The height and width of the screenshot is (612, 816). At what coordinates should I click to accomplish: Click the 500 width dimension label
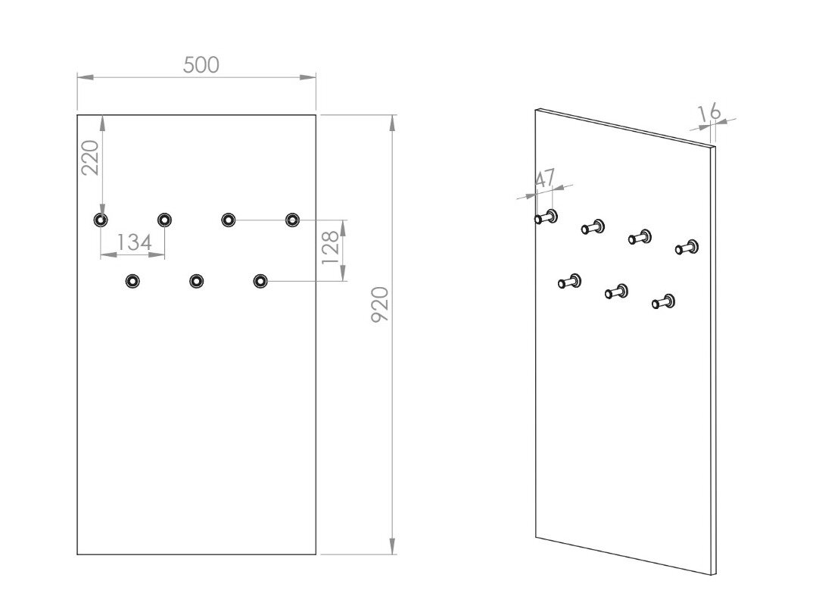tap(201, 64)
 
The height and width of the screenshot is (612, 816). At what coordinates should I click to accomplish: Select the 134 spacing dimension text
tap(134, 242)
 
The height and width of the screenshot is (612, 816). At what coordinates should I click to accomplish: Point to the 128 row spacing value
tap(330, 248)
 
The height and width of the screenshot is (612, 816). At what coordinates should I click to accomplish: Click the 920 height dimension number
tap(380, 304)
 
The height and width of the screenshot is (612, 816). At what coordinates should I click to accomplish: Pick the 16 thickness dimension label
tap(709, 112)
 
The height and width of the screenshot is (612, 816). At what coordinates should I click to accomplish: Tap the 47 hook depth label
tap(545, 178)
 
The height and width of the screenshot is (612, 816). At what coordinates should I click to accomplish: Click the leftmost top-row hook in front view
tap(101, 220)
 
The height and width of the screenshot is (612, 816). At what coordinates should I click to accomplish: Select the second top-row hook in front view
tap(164, 220)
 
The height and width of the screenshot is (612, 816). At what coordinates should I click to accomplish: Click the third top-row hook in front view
tap(228, 220)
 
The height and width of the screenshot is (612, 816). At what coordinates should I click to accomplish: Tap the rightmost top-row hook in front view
tap(292, 220)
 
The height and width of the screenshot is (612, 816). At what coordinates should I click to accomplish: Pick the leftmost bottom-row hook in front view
tap(132, 281)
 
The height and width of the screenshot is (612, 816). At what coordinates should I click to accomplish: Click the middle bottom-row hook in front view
tap(196, 281)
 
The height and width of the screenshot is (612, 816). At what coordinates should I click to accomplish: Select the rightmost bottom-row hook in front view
tap(260, 281)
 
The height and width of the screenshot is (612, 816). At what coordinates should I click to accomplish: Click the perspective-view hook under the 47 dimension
tap(546, 217)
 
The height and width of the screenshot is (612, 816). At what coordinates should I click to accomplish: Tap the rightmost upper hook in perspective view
tap(687, 247)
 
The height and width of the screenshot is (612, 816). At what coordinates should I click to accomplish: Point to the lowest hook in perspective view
tap(664, 301)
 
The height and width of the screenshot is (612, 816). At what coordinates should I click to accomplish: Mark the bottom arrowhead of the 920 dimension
tap(392, 546)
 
